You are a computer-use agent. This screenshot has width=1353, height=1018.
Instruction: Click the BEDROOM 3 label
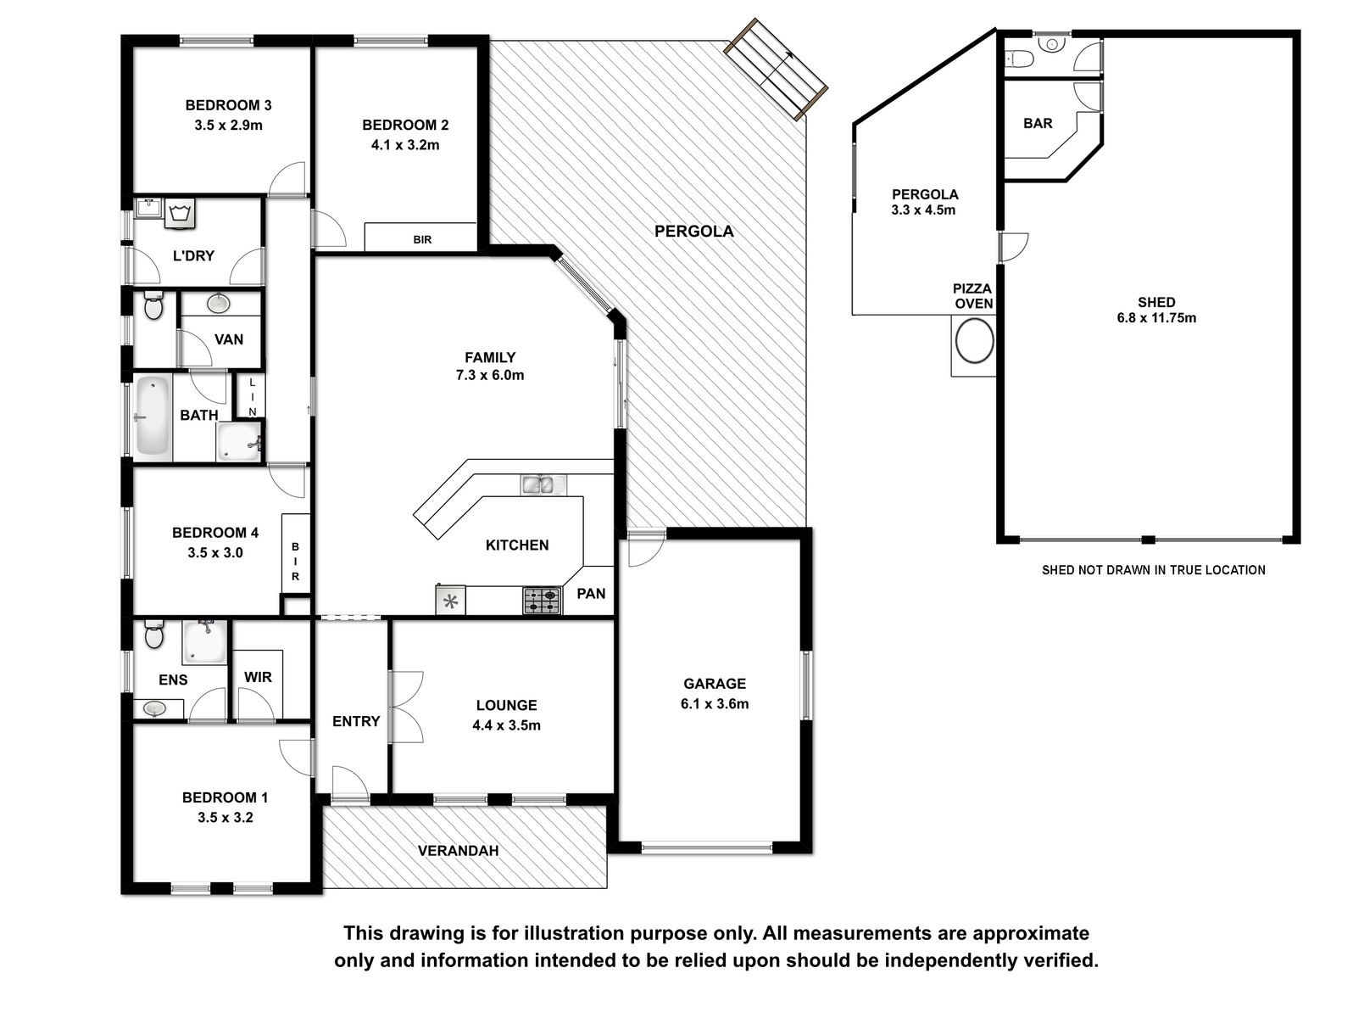[228, 105]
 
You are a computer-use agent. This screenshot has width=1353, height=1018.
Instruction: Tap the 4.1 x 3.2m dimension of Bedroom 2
[405, 145]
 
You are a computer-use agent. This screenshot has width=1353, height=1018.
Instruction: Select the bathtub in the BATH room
[153, 417]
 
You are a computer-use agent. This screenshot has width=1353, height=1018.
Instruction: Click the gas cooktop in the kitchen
[543, 601]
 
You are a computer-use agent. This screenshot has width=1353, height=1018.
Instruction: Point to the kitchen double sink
[543, 484]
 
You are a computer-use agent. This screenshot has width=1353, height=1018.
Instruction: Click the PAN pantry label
[591, 593]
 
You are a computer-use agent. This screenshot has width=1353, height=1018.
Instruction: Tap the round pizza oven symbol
[975, 341]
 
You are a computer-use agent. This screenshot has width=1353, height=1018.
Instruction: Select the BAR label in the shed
[1038, 123]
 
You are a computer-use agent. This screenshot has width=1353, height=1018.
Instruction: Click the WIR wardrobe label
[258, 677]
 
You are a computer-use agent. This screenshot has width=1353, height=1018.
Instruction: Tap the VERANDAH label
[458, 851]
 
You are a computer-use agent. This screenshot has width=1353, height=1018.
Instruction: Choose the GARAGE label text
[715, 683]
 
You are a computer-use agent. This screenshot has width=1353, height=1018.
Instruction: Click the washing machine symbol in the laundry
[180, 213]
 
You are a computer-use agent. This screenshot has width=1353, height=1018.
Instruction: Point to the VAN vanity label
[229, 339]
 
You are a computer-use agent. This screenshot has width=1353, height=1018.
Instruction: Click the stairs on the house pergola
[776, 69]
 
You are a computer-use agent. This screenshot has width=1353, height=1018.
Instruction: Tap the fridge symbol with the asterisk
[451, 601]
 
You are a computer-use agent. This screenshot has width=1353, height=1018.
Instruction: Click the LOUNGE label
[507, 705]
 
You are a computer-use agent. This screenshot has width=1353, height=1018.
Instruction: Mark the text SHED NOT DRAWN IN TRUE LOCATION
[1153, 570]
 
